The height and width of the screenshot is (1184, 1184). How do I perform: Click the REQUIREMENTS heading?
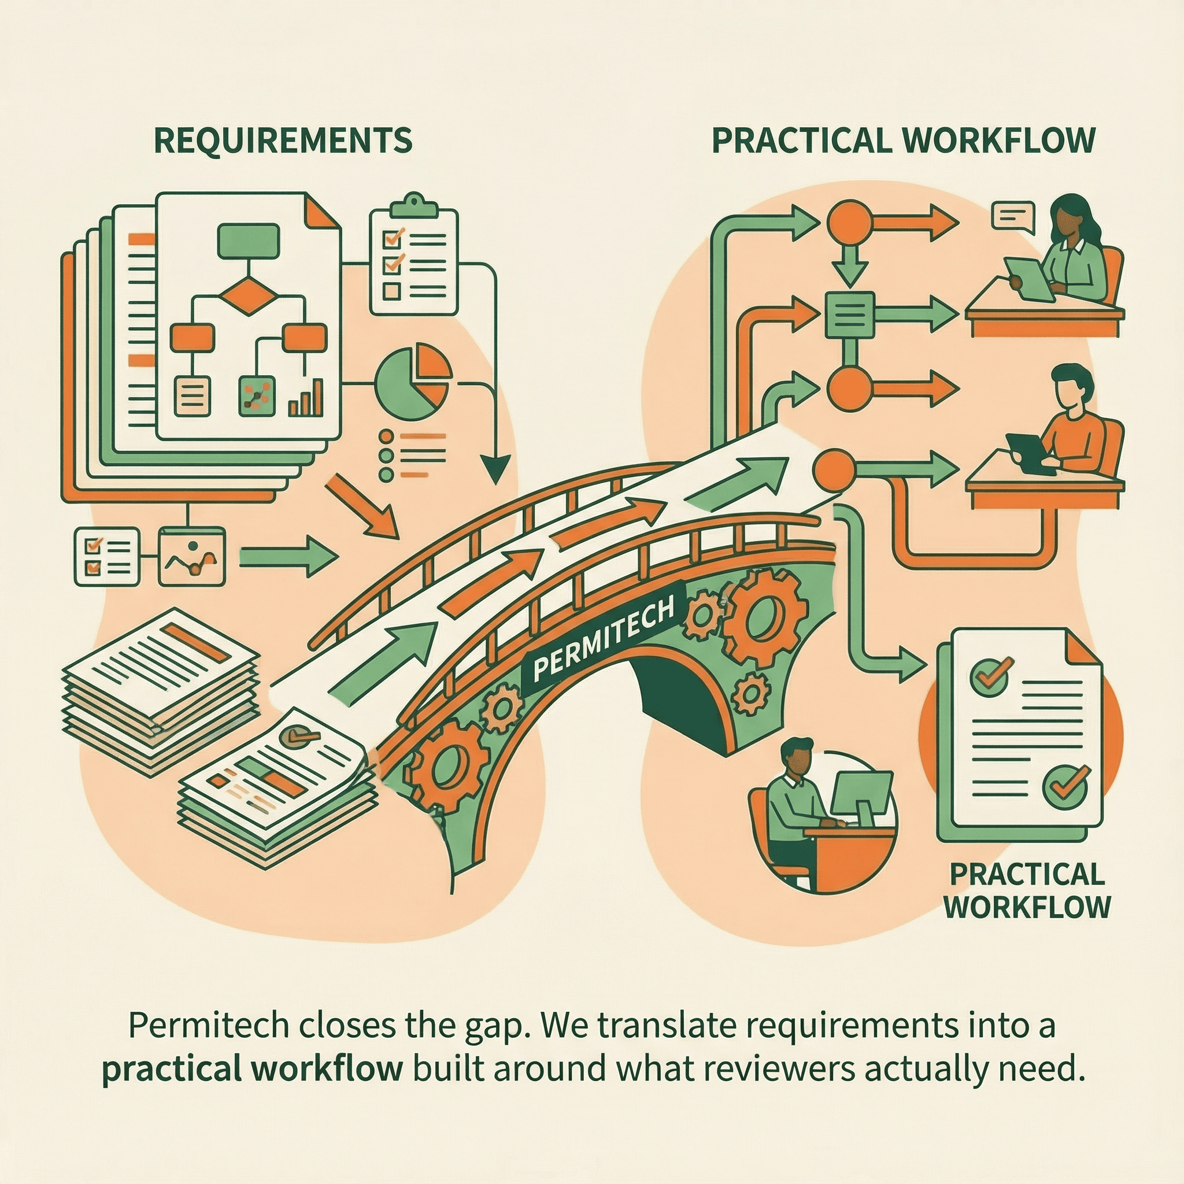tap(283, 140)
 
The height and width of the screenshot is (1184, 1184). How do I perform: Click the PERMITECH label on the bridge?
tap(604, 641)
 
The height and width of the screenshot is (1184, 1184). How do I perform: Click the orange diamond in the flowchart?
tap(248, 295)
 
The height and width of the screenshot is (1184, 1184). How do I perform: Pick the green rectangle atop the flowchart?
tap(249, 240)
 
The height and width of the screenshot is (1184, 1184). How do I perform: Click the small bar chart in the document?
tap(306, 399)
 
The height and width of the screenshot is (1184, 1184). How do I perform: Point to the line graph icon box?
tap(192, 557)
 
